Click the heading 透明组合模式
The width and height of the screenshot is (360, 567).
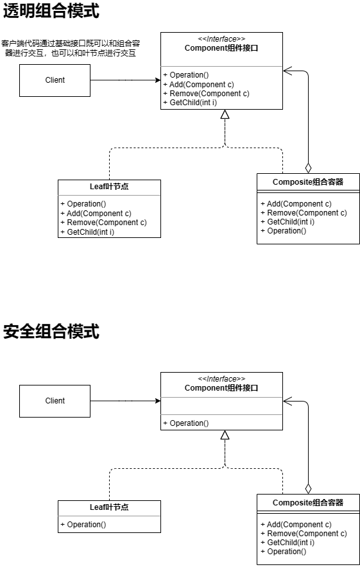click(x=51, y=12)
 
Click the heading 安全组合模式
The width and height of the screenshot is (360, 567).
click(x=51, y=332)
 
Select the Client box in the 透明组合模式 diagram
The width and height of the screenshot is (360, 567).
click(x=55, y=80)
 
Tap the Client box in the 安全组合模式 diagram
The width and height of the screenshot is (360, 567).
click(x=55, y=401)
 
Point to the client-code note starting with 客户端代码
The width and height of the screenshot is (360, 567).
click(x=71, y=48)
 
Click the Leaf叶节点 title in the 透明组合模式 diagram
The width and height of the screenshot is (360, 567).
click(x=109, y=187)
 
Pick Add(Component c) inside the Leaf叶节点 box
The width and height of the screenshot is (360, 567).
click(x=96, y=214)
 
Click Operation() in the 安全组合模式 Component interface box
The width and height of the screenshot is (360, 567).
click(x=185, y=423)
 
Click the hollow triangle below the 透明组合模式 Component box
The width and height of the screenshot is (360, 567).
click(x=225, y=115)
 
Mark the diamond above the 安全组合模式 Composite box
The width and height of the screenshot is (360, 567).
click(x=308, y=488)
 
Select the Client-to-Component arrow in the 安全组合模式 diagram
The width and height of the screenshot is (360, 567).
click(x=125, y=401)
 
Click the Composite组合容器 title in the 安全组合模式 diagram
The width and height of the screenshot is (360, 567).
click(x=308, y=503)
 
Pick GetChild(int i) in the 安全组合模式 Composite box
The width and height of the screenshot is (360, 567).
click(x=287, y=543)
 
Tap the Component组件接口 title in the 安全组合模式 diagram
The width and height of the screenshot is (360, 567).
click(x=221, y=388)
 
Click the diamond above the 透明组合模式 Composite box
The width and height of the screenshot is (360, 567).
click(x=308, y=167)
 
